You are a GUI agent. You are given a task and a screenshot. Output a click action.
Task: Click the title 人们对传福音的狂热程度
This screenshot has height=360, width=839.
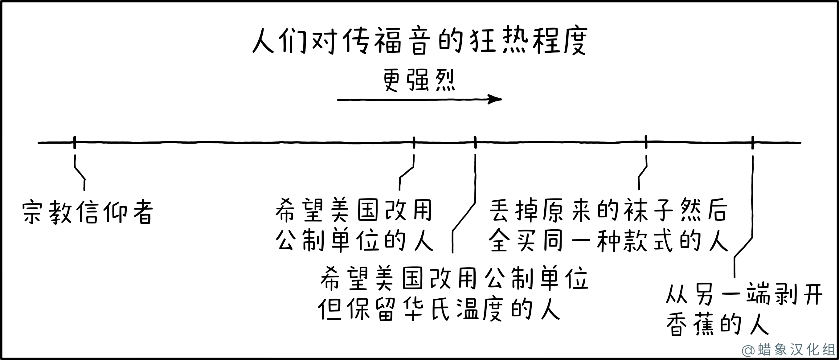pyautogui.click(x=419, y=41)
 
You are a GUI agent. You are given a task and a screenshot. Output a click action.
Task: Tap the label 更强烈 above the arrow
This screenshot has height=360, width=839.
pyautogui.click(x=419, y=80)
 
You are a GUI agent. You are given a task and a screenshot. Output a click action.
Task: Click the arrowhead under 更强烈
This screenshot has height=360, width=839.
pyautogui.click(x=495, y=99)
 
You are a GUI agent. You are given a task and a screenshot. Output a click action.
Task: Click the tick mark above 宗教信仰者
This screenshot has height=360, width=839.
pyautogui.click(x=75, y=142)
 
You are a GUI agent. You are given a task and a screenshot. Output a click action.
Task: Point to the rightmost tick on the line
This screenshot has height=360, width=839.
pyautogui.click(x=753, y=142)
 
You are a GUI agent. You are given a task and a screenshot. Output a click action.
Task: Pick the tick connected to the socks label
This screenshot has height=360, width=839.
pyautogui.click(x=646, y=142)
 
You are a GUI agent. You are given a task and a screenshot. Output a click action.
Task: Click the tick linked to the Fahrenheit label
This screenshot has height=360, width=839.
pyautogui.click(x=475, y=142)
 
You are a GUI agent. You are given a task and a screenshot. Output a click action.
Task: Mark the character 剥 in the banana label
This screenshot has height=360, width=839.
pyautogui.click(x=785, y=293)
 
